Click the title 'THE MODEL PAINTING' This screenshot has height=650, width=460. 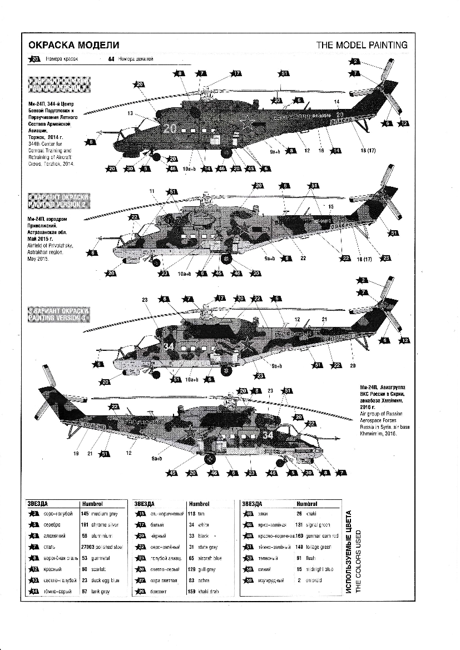(x=362, y=45)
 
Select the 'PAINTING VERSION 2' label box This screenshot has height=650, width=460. (x=58, y=201)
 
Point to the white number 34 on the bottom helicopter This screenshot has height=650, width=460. (x=268, y=435)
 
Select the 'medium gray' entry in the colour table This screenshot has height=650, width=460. (x=105, y=515)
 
